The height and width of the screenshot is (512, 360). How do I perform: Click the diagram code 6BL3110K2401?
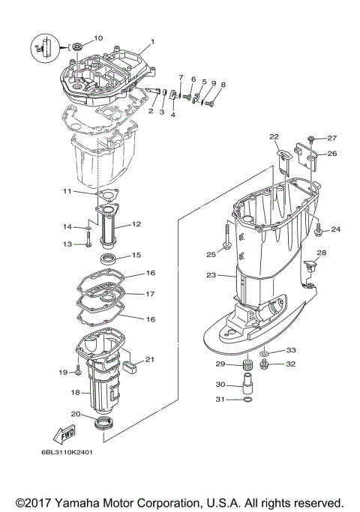(67, 451)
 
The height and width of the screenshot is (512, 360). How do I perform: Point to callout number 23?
(211, 275)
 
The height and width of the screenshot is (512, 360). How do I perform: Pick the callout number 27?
(332, 137)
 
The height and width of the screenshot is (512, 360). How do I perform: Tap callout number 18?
(75, 391)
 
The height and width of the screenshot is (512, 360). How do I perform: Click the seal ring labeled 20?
(105, 426)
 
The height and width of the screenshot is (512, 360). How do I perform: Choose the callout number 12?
(136, 223)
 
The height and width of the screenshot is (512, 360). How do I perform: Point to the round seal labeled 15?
(108, 259)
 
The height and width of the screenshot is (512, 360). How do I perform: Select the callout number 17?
(150, 294)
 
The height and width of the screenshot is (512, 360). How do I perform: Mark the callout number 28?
(322, 253)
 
